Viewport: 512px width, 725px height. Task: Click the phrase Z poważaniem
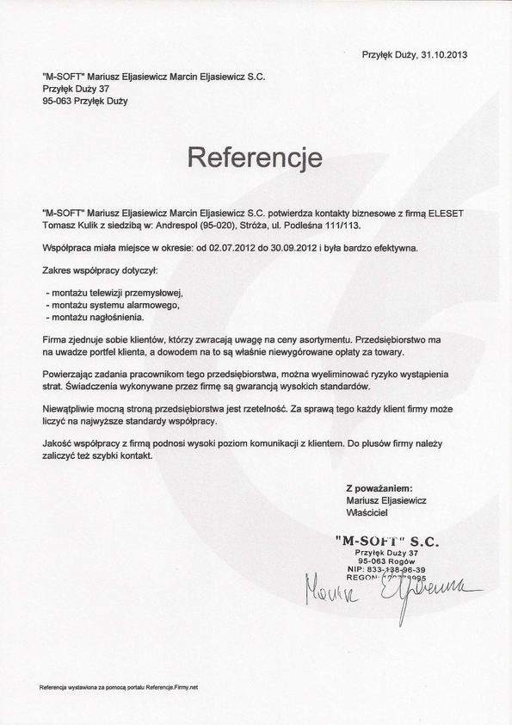pos(379,488)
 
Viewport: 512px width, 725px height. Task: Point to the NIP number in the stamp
pos(399,569)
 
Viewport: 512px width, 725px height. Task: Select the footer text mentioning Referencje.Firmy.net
pos(119,688)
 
